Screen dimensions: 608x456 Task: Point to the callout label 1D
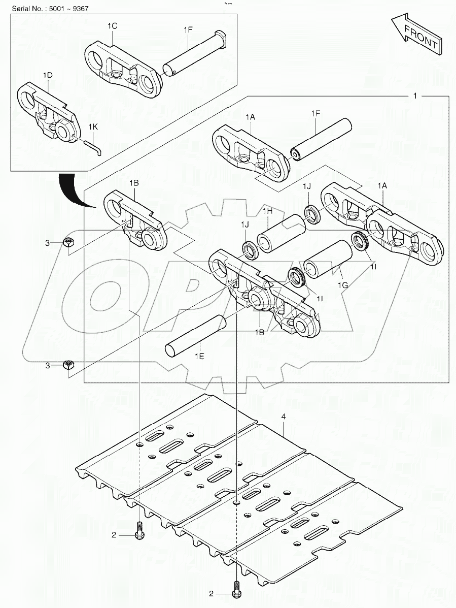47,75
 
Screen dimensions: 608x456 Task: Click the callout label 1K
93,126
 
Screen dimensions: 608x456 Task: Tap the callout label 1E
199,357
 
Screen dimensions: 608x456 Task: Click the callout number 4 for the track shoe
284,417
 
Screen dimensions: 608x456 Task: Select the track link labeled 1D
48,112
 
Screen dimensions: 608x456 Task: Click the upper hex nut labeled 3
69,242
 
